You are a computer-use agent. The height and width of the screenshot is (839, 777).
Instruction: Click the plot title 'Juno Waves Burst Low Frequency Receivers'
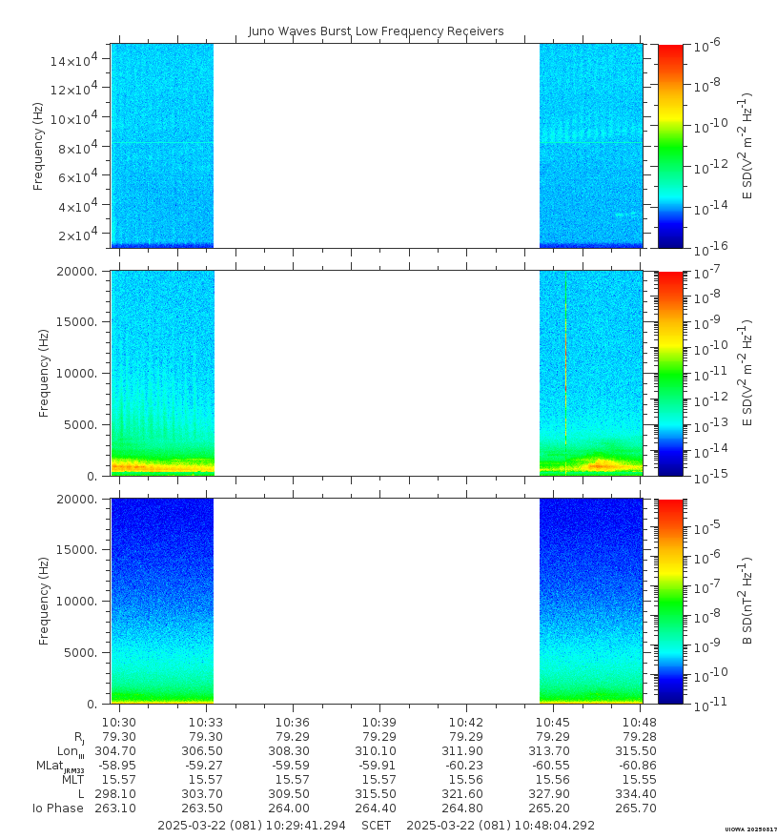coord(376,31)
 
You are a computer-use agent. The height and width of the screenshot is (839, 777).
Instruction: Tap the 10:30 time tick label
coord(119,722)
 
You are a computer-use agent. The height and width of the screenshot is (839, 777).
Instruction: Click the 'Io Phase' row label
coord(57,808)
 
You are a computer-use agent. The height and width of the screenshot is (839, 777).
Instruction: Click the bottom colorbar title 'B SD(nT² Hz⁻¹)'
coord(748,601)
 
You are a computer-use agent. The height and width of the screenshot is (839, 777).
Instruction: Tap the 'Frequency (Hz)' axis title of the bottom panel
coord(44,601)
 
